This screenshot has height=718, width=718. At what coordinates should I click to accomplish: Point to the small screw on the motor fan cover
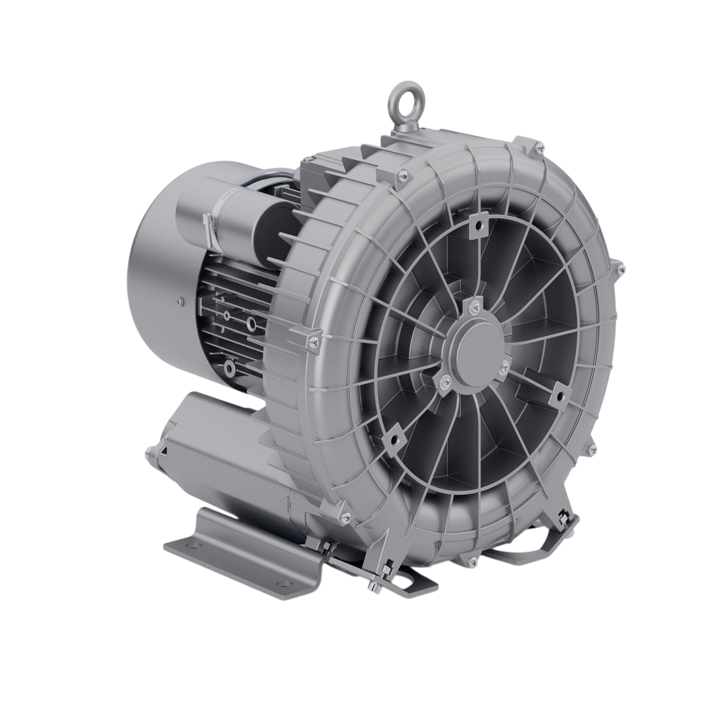click(178, 301)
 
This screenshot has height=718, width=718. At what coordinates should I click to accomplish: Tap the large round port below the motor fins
click(251, 324)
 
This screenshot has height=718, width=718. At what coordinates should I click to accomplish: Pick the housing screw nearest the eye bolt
click(403, 174)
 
